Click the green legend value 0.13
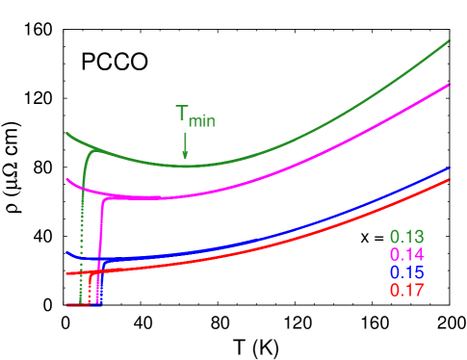(407, 237)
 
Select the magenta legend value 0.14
(407, 255)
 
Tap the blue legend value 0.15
(407, 272)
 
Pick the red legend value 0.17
(407, 290)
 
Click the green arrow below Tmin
(184, 145)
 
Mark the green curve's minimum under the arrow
(184, 165)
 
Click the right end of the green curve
(450, 40)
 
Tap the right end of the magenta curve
(450, 84)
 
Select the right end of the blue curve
(450, 167)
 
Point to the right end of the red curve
(450, 180)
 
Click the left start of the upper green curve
(66, 133)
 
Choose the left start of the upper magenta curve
(66, 178)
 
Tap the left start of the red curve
(67, 274)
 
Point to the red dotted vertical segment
(90, 289)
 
